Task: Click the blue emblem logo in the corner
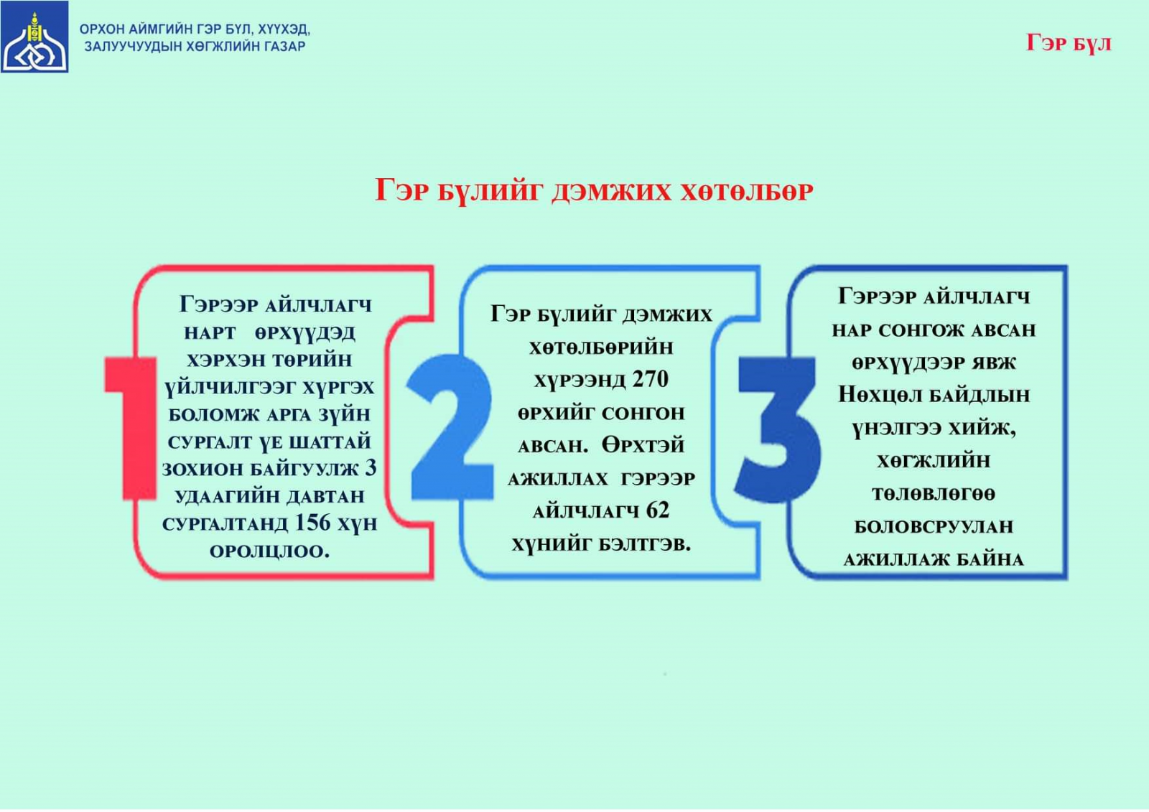click(x=34, y=37)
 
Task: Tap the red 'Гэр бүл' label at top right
click(x=1069, y=43)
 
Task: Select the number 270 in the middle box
click(x=651, y=379)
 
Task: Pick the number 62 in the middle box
click(x=658, y=510)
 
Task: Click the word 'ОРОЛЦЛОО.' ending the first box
click(x=270, y=551)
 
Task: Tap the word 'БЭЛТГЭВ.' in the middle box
click(x=646, y=543)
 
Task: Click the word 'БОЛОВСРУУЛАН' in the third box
click(x=934, y=527)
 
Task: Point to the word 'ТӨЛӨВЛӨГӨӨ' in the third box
click(x=934, y=494)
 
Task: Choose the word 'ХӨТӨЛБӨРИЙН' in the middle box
click(x=601, y=347)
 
